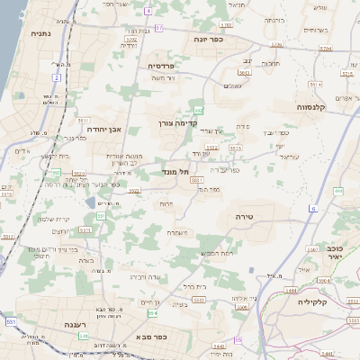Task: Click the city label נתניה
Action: [x=40, y=33]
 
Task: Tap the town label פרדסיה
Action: [x=168, y=66]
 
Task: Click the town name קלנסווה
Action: [x=311, y=106]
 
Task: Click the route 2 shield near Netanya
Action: [x=56, y=78]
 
